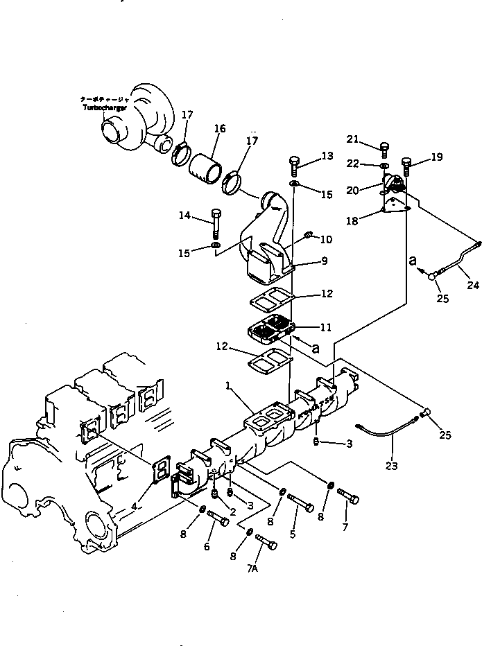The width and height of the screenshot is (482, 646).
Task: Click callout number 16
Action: click(219, 128)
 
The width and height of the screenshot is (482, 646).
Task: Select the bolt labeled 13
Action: click(294, 166)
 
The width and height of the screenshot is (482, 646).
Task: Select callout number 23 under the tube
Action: click(392, 466)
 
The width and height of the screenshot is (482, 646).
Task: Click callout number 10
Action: click(326, 239)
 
